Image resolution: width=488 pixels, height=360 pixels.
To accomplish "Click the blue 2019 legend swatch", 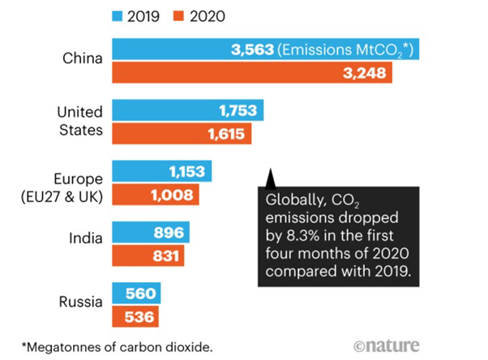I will pos(117,13).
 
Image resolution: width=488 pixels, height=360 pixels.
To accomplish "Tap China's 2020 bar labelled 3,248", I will pos(252,74).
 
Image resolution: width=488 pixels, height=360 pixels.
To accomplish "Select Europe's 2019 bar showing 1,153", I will pos(161,172).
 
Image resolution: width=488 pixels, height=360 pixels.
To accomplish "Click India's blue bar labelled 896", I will pos(149,234).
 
